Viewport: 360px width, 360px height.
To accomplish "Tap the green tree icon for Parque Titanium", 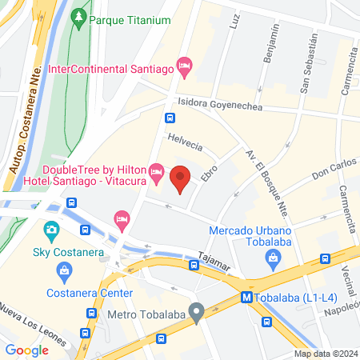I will (78, 17).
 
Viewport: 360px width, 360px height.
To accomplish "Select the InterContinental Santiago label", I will (111, 70).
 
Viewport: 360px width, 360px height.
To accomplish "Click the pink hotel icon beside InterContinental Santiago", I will (184, 65).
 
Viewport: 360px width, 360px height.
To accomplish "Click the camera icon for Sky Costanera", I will (52, 233).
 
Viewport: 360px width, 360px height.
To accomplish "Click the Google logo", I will (26, 350).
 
